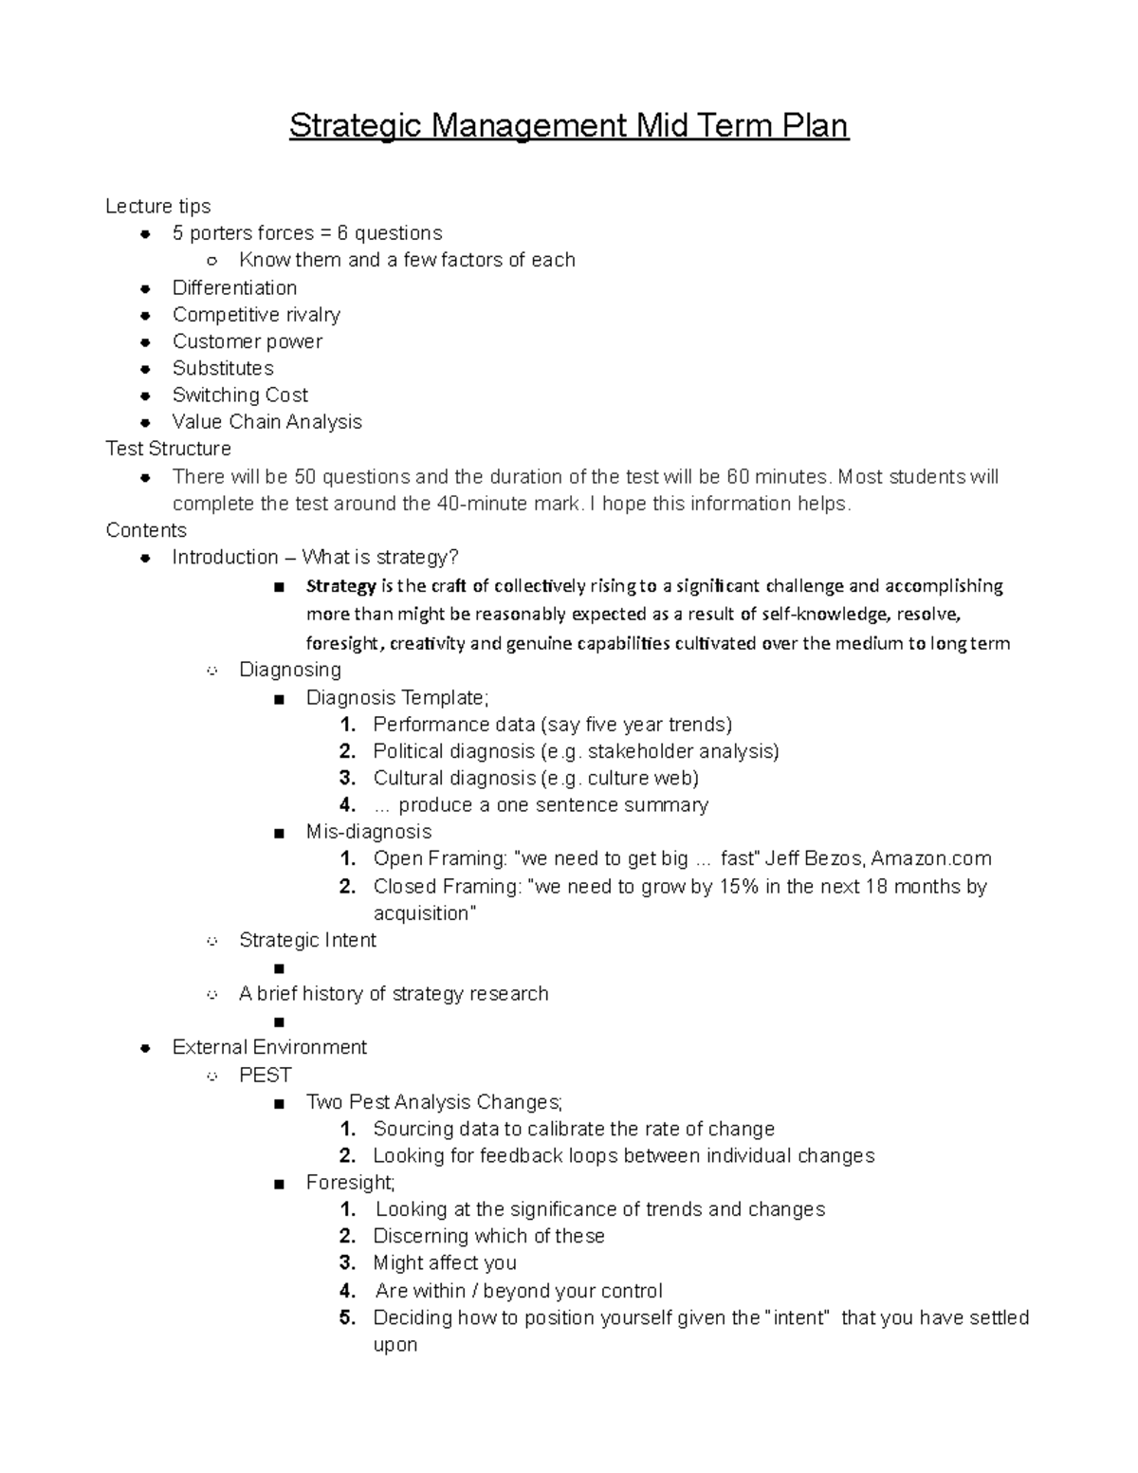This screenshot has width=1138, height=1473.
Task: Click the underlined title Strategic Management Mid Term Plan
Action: [x=568, y=125]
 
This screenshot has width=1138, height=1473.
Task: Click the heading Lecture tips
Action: [x=157, y=206]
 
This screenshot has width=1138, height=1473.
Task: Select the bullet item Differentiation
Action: [x=234, y=287]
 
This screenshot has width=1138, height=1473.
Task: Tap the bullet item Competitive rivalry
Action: [x=256, y=314]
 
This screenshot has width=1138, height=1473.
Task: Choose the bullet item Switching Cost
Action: [x=240, y=395]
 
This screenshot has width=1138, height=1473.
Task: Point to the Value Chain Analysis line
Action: [x=266, y=421]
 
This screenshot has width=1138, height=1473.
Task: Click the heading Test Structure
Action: [x=168, y=448]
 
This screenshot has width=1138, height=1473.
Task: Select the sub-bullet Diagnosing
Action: [x=289, y=670]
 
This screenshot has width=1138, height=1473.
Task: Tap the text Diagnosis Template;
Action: [x=397, y=697]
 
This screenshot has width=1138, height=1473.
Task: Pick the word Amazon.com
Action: [x=931, y=858]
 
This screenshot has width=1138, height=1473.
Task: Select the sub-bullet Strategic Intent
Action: [x=307, y=940]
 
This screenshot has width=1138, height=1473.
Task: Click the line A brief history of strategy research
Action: [x=394, y=993]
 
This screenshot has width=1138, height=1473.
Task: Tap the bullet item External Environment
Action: [x=269, y=1047]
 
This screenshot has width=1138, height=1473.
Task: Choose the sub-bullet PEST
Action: [x=265, y=1075]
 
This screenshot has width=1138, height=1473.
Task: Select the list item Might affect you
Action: [x=444, y=1262]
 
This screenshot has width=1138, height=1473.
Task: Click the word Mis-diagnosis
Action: [x=368, y=832]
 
